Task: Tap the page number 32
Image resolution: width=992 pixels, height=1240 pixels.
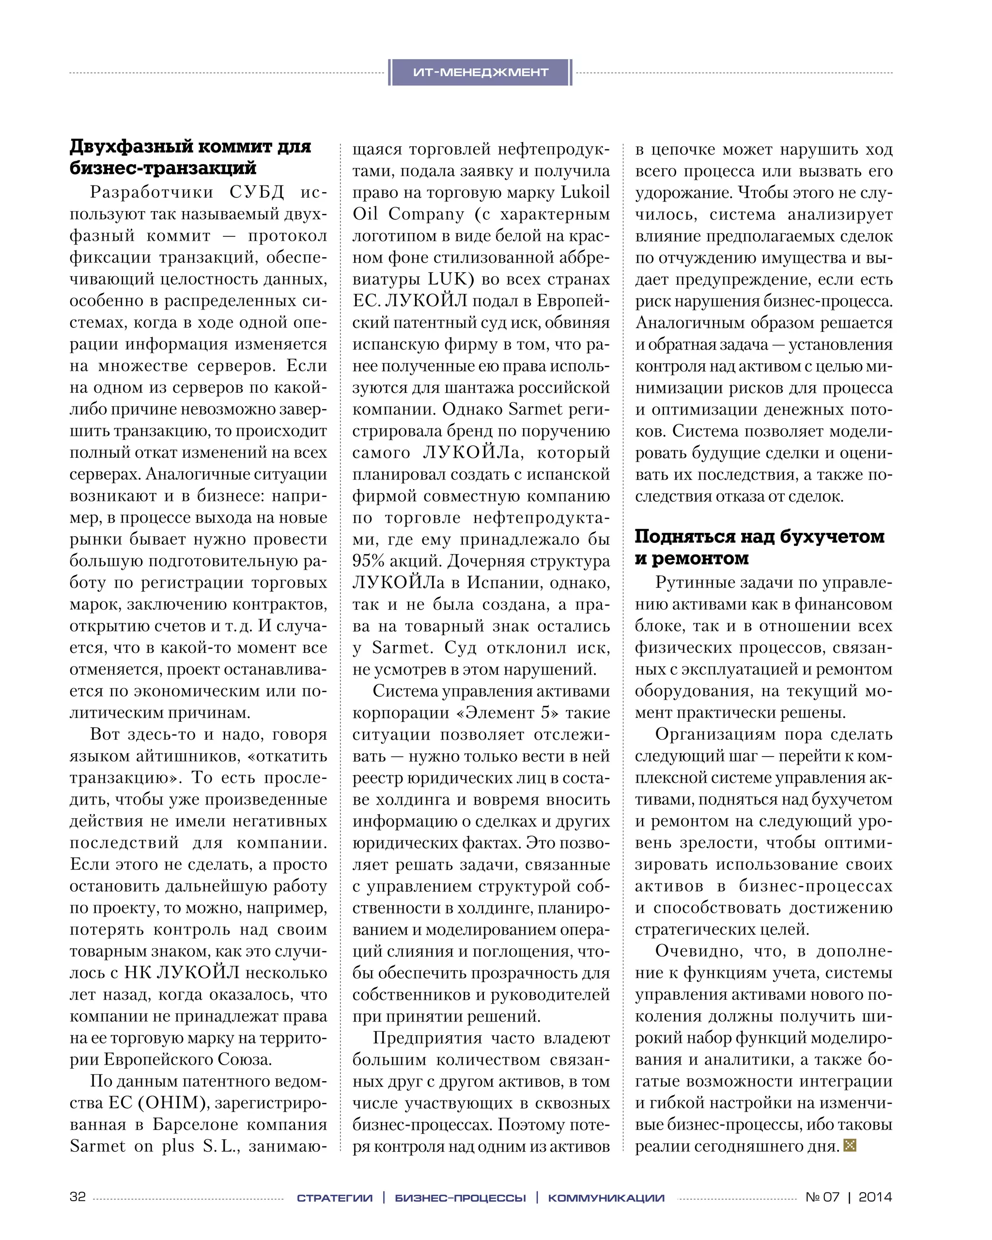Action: [x=77, y=1197]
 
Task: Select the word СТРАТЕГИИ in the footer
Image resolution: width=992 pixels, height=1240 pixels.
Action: [x=335, y=1198]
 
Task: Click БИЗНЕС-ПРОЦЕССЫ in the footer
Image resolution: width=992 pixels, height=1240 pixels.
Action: [x=460, y=1198]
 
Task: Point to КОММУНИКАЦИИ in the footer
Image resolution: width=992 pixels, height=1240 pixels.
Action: [x=606, y=1198]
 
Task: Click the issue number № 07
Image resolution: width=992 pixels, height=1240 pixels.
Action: [x=822, y=1197]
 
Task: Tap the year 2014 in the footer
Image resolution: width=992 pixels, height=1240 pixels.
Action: [x=875, y=1197]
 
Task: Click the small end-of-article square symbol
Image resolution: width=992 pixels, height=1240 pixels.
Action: [x=850, y=1145]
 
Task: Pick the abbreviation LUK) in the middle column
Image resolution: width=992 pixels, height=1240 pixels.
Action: [x=451, y=279]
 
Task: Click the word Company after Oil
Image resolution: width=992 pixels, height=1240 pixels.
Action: [x=426, y=214]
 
